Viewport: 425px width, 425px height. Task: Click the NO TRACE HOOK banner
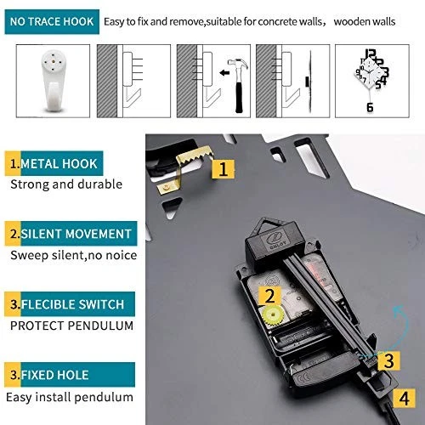pyautogui.click(x=52, y=22)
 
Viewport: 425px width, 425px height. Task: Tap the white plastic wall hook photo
pyautogui.click(x=54, y=81)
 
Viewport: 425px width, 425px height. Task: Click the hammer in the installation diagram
pyautogui.click(x=239, y=85)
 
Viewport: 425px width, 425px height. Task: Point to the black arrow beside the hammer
pyautogui.click(x=224, y=73)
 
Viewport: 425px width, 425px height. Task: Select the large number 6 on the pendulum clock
pyautogui.click(x=370, y=107)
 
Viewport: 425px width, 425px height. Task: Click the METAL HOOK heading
pyautogui.click(x=54, y=163)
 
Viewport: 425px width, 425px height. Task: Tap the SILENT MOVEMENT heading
pyautogui.click(x=71, y=234)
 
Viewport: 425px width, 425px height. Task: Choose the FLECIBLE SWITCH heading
pyautogui.click(x=70, y=304)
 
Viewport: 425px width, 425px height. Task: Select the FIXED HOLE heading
pyautogui.click(x=70, y=375)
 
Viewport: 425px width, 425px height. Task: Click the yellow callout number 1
pyautogui.click(x=224, y=169)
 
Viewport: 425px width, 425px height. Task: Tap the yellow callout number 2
pyautogui.click(x=269, y=296)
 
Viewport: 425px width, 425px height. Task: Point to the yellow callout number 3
pyautogui.click(x=388, y=360)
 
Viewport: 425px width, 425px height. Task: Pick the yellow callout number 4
pyautogui.click(x=404, y=399)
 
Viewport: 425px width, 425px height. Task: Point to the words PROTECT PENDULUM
pyautogui.click(x=71, y=326)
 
